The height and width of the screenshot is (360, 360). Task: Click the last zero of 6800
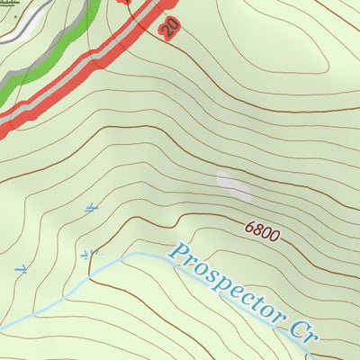pyautogui.click(x=275, y=238)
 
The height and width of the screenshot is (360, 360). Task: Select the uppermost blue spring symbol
pyautogui.click(x=90, y=209)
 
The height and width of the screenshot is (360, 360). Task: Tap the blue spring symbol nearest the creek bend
pyautogui.click(x=87, y=255)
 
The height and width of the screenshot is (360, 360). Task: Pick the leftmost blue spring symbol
pyautogui.click(x=22, y=268)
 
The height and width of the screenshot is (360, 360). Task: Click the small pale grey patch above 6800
pyautogui.click(x=234, y=186)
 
